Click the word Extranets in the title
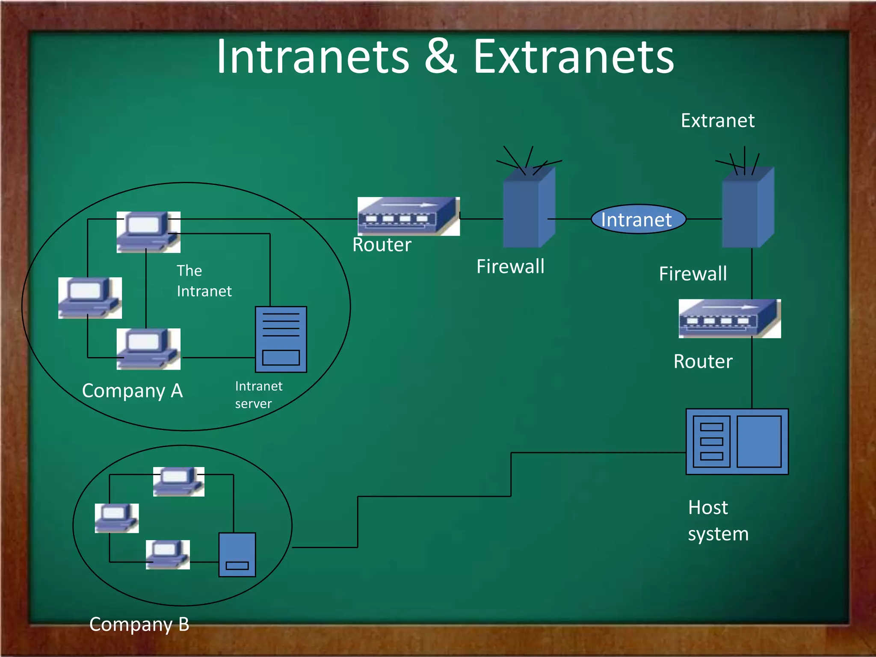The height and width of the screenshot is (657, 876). pyautogui.click(x=573, y=57)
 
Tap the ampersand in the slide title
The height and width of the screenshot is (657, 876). pyautogui.click(x=441, y=57)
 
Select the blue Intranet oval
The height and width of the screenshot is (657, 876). pyautogui.click(x=638, y=219)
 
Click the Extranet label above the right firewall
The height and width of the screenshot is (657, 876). pyautogui.click(x=717, y=121)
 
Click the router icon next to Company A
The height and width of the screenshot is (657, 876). pyautogui.click(x=408, y=216)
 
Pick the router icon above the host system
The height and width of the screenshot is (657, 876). pyautogui.click(x=730, y=319)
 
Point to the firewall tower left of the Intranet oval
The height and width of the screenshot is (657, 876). pyautogui.click(x=529, y=207)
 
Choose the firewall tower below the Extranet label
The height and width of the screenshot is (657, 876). pyautogui.click(x=748, y=207)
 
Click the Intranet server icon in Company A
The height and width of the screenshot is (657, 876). pyautogui.click(x=281, y=339)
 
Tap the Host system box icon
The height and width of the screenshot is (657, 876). pyautogui.click(x=737, y=441)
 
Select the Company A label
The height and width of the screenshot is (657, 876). pyautogui.click(x=132, y=391)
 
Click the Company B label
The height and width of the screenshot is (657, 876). pyautogui.click(x=139, y=624)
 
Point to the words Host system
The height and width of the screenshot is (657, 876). pyautogui.click(x=718, y=521)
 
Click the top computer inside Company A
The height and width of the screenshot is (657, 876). pyautogui.click(x=148, y=232)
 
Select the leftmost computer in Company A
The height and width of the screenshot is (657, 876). pyautogui.click(x=90, y=298)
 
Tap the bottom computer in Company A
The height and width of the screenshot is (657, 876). pyautogui.click(x=148, y=349)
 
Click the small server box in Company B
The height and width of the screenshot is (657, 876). pyautogui.click(x=237, y=555)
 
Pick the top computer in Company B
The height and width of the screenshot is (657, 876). pyautogui.click(x=179, y=482)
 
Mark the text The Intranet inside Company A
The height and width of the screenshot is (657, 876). pyautogui.click(x=204, y=281)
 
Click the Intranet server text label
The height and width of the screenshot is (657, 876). pyautogui.click(x=258, y=395)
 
